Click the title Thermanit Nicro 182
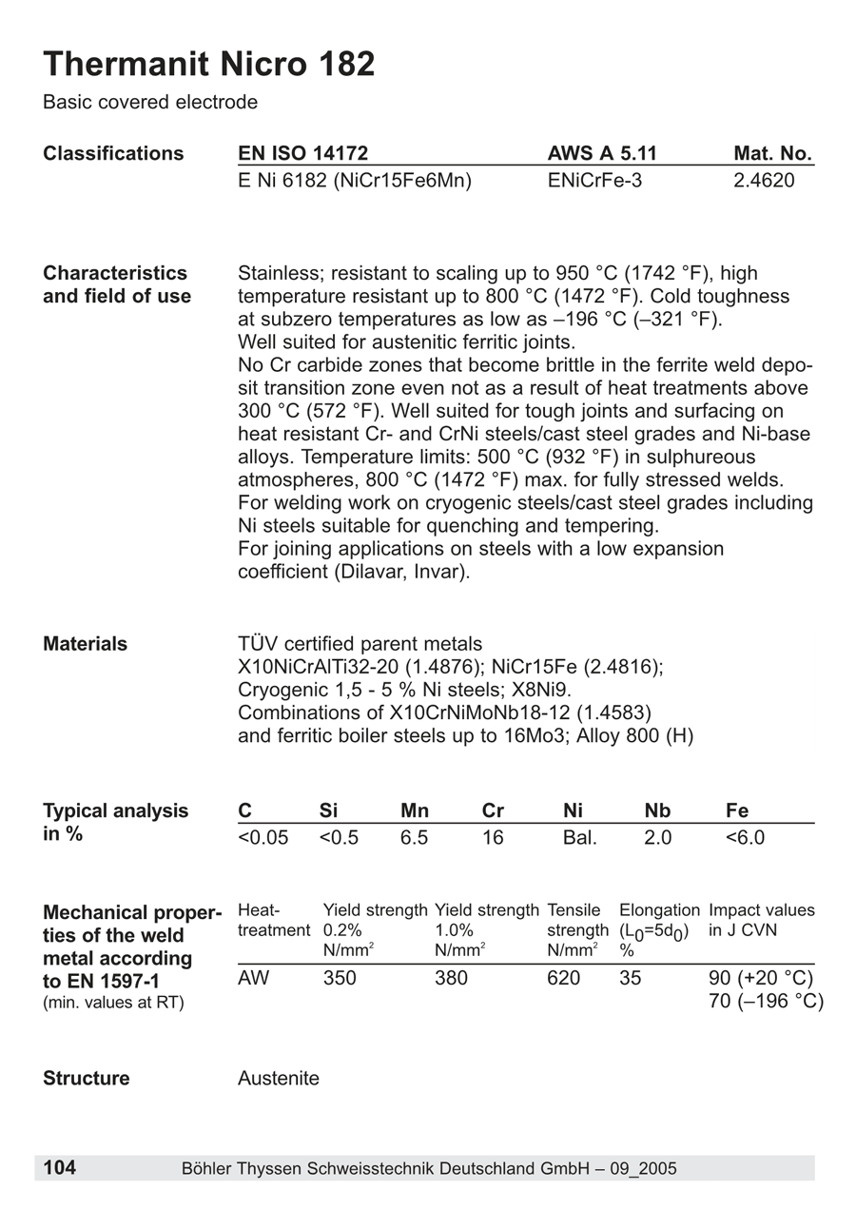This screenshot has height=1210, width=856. [209, 65]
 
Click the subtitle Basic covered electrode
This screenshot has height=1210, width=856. [150, 102]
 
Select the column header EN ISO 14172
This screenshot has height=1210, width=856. [302, 153]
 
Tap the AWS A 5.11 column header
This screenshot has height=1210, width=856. [602, 153]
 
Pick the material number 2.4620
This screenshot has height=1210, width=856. [764, 180]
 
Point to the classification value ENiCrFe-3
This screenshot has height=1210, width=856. [594, 180]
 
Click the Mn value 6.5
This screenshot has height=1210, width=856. [414, 838]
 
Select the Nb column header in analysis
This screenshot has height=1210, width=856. [657, 810]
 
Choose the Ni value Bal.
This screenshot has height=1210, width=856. [580, 838]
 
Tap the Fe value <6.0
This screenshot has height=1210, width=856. [745, 838]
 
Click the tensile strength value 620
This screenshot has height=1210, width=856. [564, 978]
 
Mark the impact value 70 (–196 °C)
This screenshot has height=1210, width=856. [767, 1001]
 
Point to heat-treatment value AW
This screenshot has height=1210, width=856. [253, 978]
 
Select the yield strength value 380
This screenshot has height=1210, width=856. [451, 978]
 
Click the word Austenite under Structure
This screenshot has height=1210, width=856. [279, 1078]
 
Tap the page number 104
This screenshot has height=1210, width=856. [60, 1167]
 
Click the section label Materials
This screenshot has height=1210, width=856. [85, 644]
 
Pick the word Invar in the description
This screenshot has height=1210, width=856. [440, 573]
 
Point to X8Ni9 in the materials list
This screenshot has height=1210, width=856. [537, 690]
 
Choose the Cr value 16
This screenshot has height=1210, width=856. [493, 838]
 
